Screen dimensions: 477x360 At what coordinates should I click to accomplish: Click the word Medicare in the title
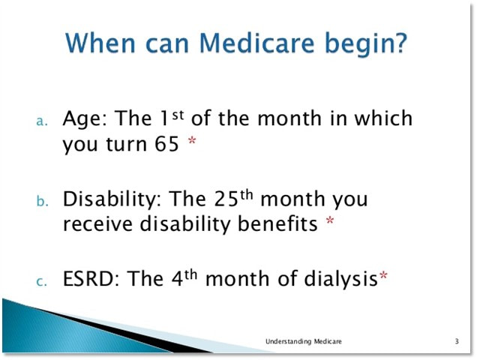click(256, 43)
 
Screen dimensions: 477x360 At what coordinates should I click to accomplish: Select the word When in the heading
click(100, 43)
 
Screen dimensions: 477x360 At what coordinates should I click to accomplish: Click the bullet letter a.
click(42, 121)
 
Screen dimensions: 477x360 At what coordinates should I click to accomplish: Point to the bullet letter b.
click(42, 200)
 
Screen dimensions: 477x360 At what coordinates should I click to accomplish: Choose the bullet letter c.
click(42, 281)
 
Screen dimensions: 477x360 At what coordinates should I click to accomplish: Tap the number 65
click(166, 144)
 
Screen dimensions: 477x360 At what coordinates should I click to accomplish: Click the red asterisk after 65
click(192, 140)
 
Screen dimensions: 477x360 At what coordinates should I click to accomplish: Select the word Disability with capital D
click(112, 200)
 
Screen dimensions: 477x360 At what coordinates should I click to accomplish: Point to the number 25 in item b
click(226, 199)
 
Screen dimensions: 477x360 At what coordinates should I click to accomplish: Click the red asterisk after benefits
click(330, 220)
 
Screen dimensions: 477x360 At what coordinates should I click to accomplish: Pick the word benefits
click(277, 223)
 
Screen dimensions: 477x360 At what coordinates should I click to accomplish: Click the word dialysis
click(340, 280)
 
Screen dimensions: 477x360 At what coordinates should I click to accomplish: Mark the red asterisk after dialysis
click(383, 275)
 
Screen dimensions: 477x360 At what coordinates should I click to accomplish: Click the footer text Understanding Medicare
click(303, 341)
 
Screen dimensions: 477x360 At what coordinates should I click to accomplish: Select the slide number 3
click(457, 341)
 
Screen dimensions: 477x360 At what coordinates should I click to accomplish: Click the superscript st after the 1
click(178, 115)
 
